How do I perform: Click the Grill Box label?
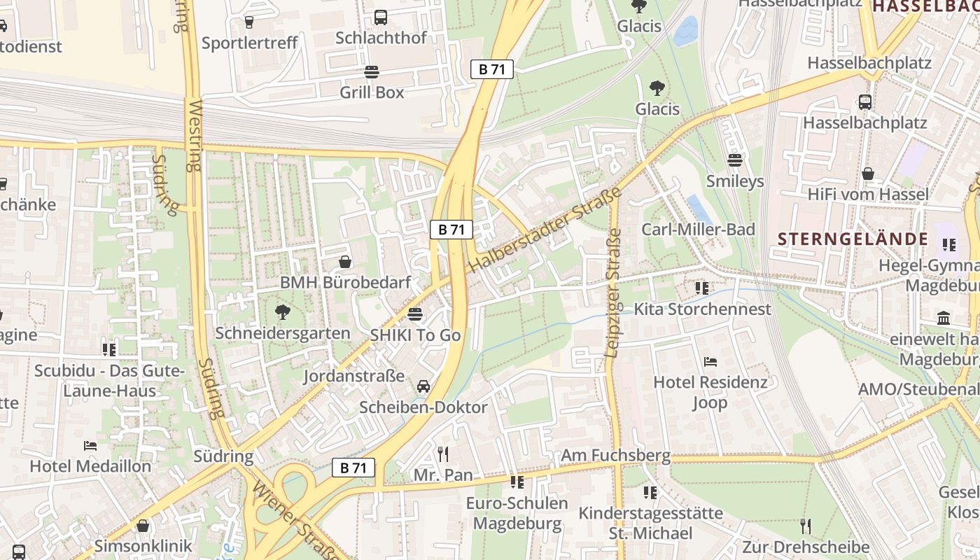372,92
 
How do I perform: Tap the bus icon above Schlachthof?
381,17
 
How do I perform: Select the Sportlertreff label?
249,43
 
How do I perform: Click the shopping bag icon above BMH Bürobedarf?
345,262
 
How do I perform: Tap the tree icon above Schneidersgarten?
282,312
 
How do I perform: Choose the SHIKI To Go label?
415,335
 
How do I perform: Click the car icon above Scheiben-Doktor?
423,386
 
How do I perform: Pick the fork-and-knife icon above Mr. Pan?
443,454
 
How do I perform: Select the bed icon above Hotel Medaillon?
90,445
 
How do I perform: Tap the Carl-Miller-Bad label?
698,230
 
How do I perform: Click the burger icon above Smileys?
734,160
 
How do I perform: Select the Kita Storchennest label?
702,309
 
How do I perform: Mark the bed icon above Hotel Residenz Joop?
710,362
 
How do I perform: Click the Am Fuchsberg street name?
615,456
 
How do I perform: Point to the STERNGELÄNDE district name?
853,239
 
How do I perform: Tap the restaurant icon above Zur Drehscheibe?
806,526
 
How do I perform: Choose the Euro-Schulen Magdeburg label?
517,513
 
